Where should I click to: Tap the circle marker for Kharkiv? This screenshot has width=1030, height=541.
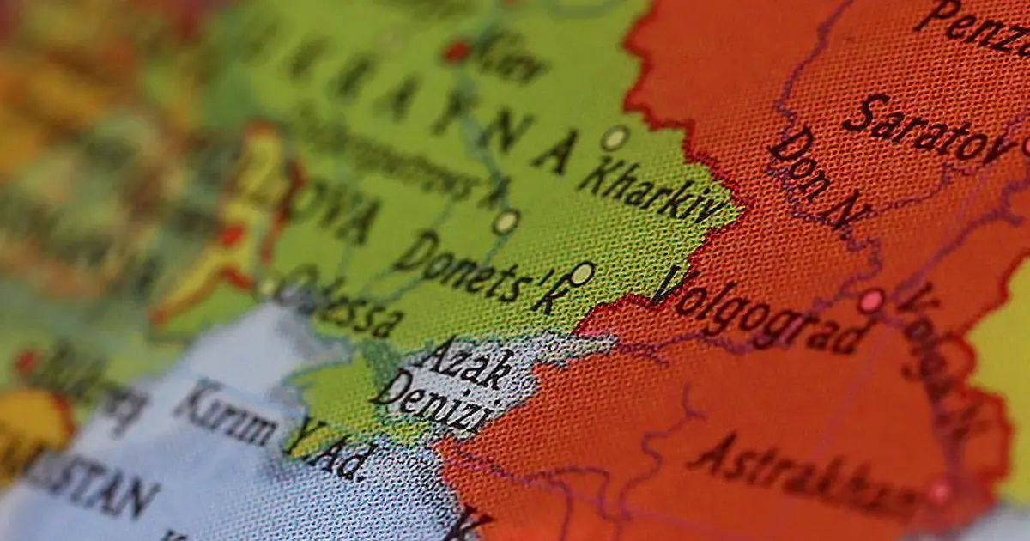pos(614,137)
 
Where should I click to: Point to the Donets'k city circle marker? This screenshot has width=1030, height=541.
pos(582,274)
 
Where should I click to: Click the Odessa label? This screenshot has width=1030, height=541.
pos(343,309)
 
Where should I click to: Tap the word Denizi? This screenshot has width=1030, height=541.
pos(433,404)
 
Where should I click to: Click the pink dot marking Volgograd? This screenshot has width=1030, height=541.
pos(870,301)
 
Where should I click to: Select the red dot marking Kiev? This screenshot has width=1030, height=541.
pos(456,52)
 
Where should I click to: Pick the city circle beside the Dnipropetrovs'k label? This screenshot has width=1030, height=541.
pos(506,222)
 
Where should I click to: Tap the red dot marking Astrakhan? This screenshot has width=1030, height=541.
pos(939,492)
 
